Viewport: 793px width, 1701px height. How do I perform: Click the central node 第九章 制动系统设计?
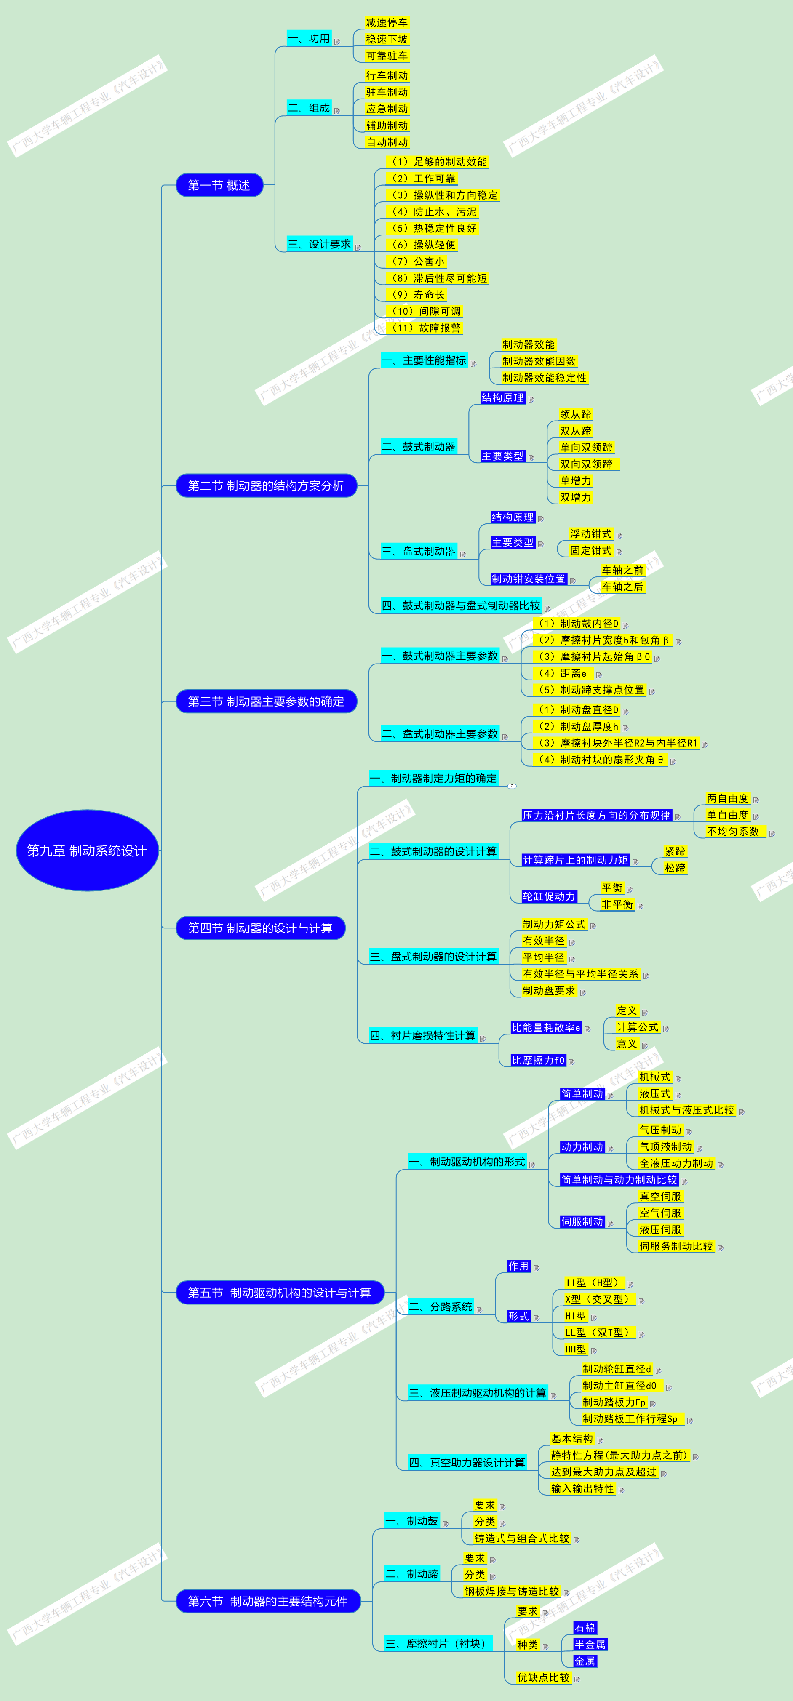86,850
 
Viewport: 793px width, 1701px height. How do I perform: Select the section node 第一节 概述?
219,185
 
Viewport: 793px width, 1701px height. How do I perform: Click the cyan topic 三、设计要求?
320,244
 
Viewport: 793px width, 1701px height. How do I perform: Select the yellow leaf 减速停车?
387,22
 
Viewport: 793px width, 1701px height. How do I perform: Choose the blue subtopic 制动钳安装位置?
528,579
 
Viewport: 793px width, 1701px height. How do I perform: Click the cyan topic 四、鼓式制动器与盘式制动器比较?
461,605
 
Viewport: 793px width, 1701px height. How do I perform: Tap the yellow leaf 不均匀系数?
733,832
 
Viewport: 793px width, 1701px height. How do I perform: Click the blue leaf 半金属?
590,1644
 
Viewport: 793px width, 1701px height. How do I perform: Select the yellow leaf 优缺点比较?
543,1677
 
